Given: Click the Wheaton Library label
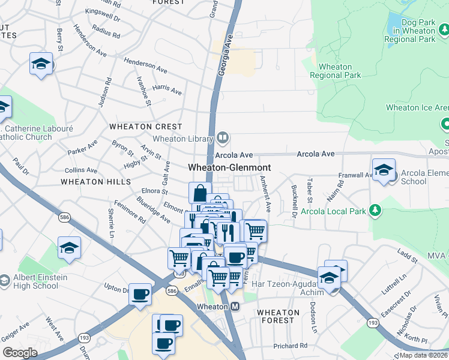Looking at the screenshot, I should pos(182,139).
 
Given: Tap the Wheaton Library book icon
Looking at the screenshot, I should pos(223,138).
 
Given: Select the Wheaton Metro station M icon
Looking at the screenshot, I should pos(235,307).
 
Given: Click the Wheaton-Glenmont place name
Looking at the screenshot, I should pos(229,167).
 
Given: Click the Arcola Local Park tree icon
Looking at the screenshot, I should pos(375,210).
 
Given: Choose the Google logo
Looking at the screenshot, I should pos(20,352).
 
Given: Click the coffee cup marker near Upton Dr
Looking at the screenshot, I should pos(140,295).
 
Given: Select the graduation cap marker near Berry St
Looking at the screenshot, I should pos(41,63).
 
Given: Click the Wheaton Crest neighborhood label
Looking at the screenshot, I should pos(145,127).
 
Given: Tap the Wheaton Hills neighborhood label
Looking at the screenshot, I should pos(96,181).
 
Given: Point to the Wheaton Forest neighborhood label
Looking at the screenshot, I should pos(278,316).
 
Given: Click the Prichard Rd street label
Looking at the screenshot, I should pos(290,346).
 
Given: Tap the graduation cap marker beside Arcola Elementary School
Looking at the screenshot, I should pos(384,170).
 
